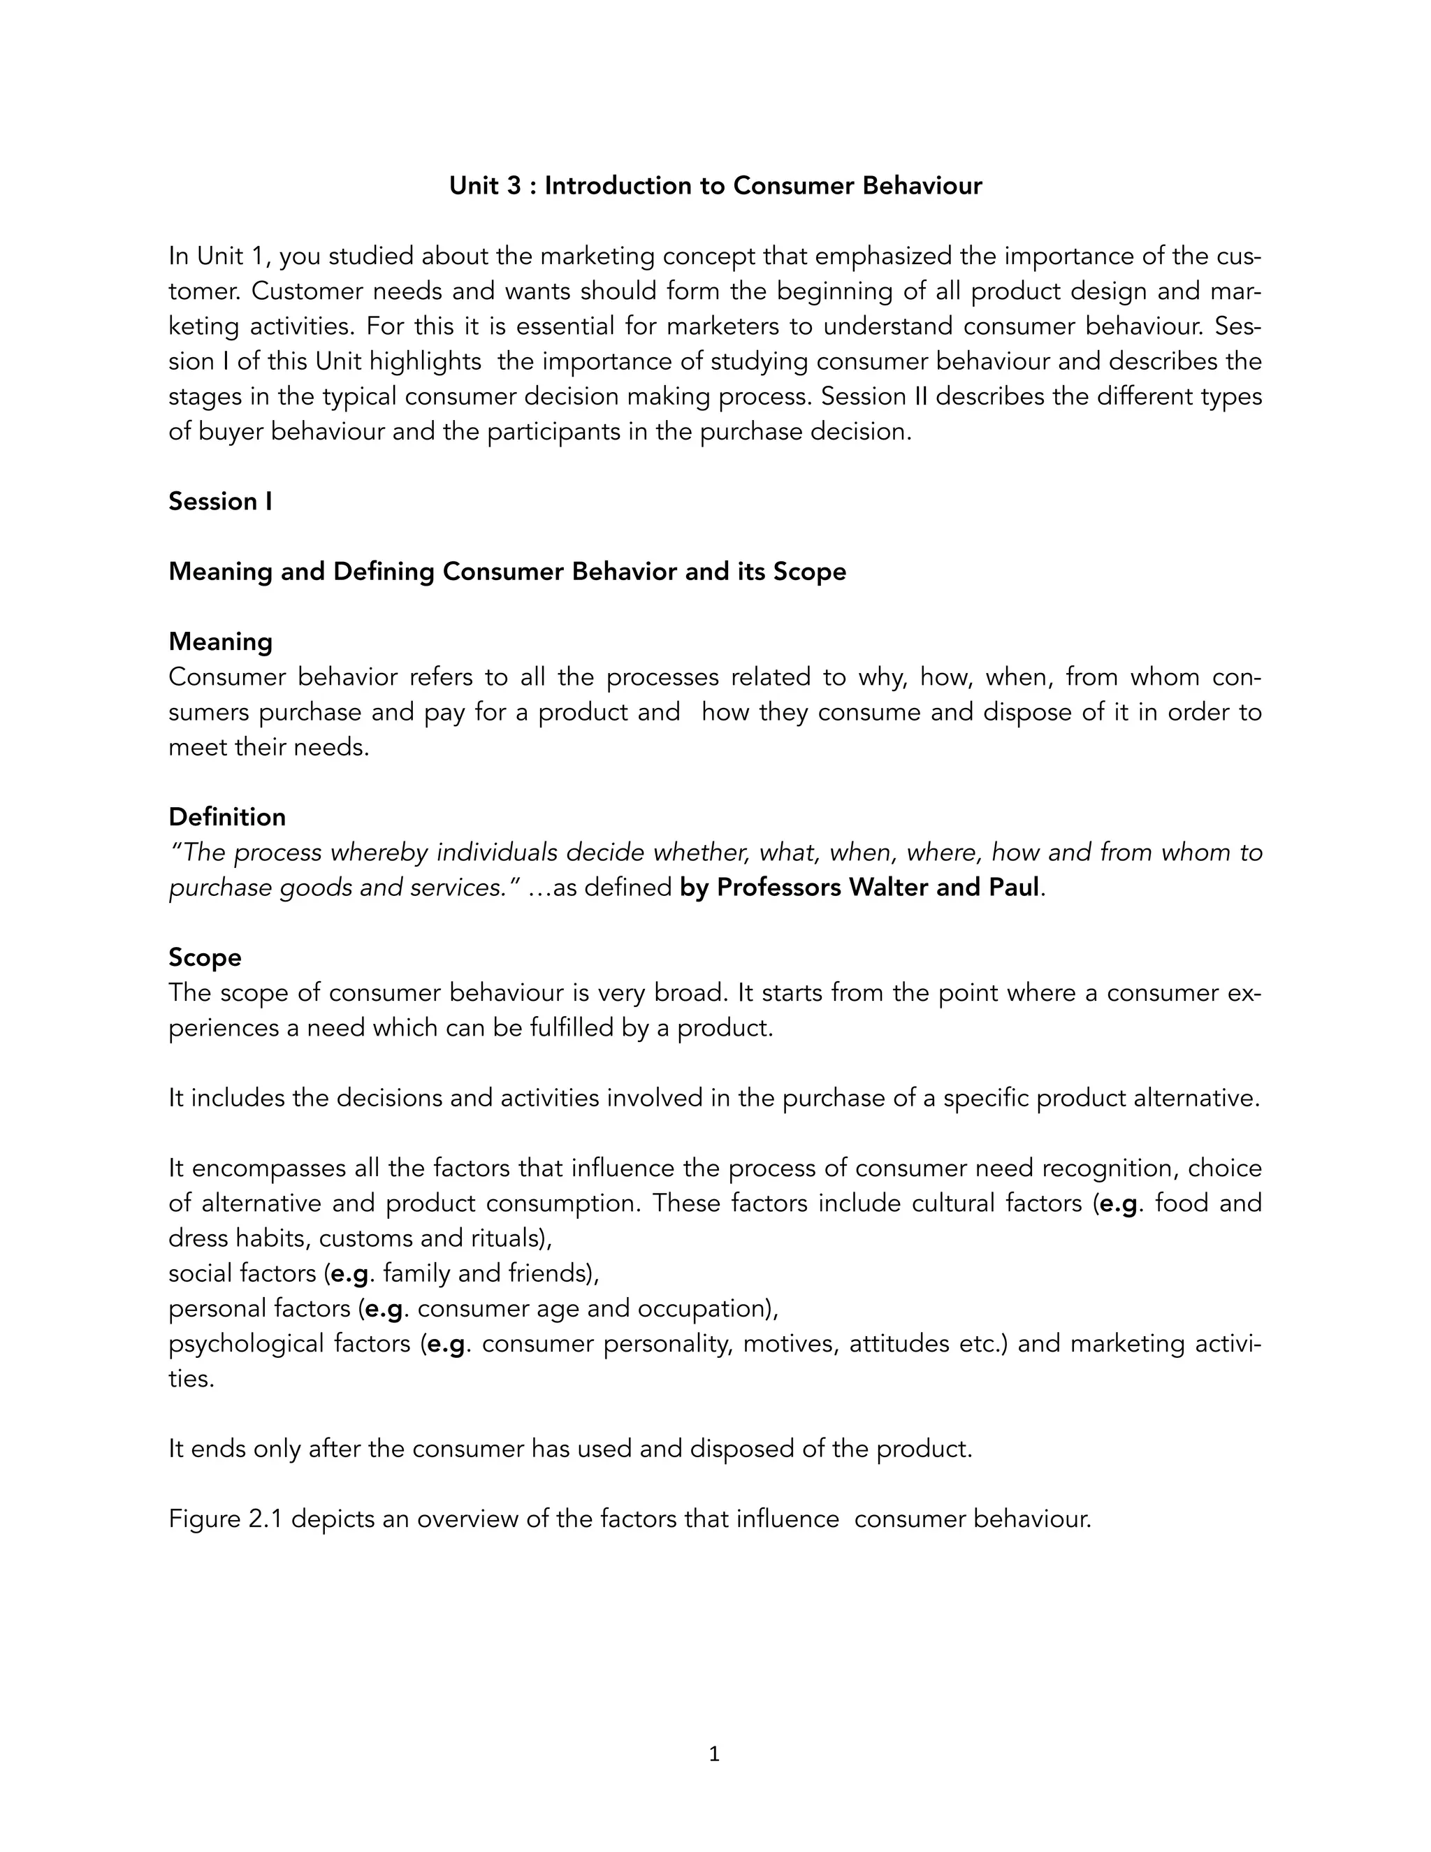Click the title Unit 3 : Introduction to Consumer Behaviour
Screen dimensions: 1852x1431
pyautogui.click(x=715, y=186)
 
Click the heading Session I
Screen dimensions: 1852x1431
pyautogui.click(x=220, y=501)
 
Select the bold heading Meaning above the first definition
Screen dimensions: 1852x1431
pyautogui.click(x=220, y=642)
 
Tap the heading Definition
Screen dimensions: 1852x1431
pyautogui.click(x=227, y=816)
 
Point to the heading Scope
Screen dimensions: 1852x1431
pyautogui.click(x=204, y=957)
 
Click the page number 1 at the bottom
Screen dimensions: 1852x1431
pyautogui.click(x=714, y=1753)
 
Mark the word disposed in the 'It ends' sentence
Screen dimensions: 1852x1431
pyautogui.click(x=743, y=1448)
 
